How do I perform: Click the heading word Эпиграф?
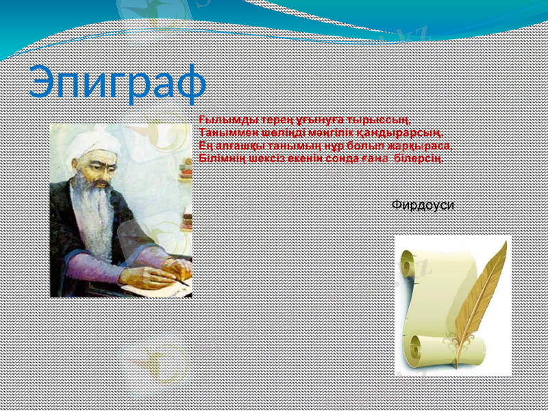click(117, 83)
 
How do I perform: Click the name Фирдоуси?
click(423, 205)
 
